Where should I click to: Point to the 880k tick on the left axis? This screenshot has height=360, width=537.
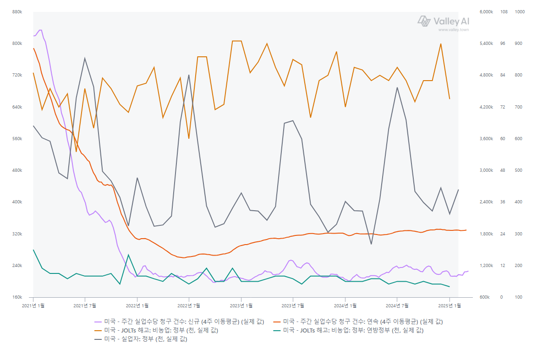16,12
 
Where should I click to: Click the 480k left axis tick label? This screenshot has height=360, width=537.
16,170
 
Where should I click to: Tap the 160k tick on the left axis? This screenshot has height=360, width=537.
16,297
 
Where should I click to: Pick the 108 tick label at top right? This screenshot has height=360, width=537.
503,12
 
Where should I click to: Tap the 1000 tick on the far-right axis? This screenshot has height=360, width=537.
520,12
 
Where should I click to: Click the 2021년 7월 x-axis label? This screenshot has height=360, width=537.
85,305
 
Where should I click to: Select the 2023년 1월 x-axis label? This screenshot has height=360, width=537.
241,305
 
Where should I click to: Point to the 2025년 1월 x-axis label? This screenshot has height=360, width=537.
449,305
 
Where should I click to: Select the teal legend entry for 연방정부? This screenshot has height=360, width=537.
353,330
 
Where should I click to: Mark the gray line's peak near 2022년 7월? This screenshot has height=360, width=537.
189,75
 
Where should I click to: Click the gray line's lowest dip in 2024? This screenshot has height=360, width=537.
371,244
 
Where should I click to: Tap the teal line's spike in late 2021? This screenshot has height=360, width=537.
128,255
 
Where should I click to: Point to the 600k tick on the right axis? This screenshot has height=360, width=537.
487,297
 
